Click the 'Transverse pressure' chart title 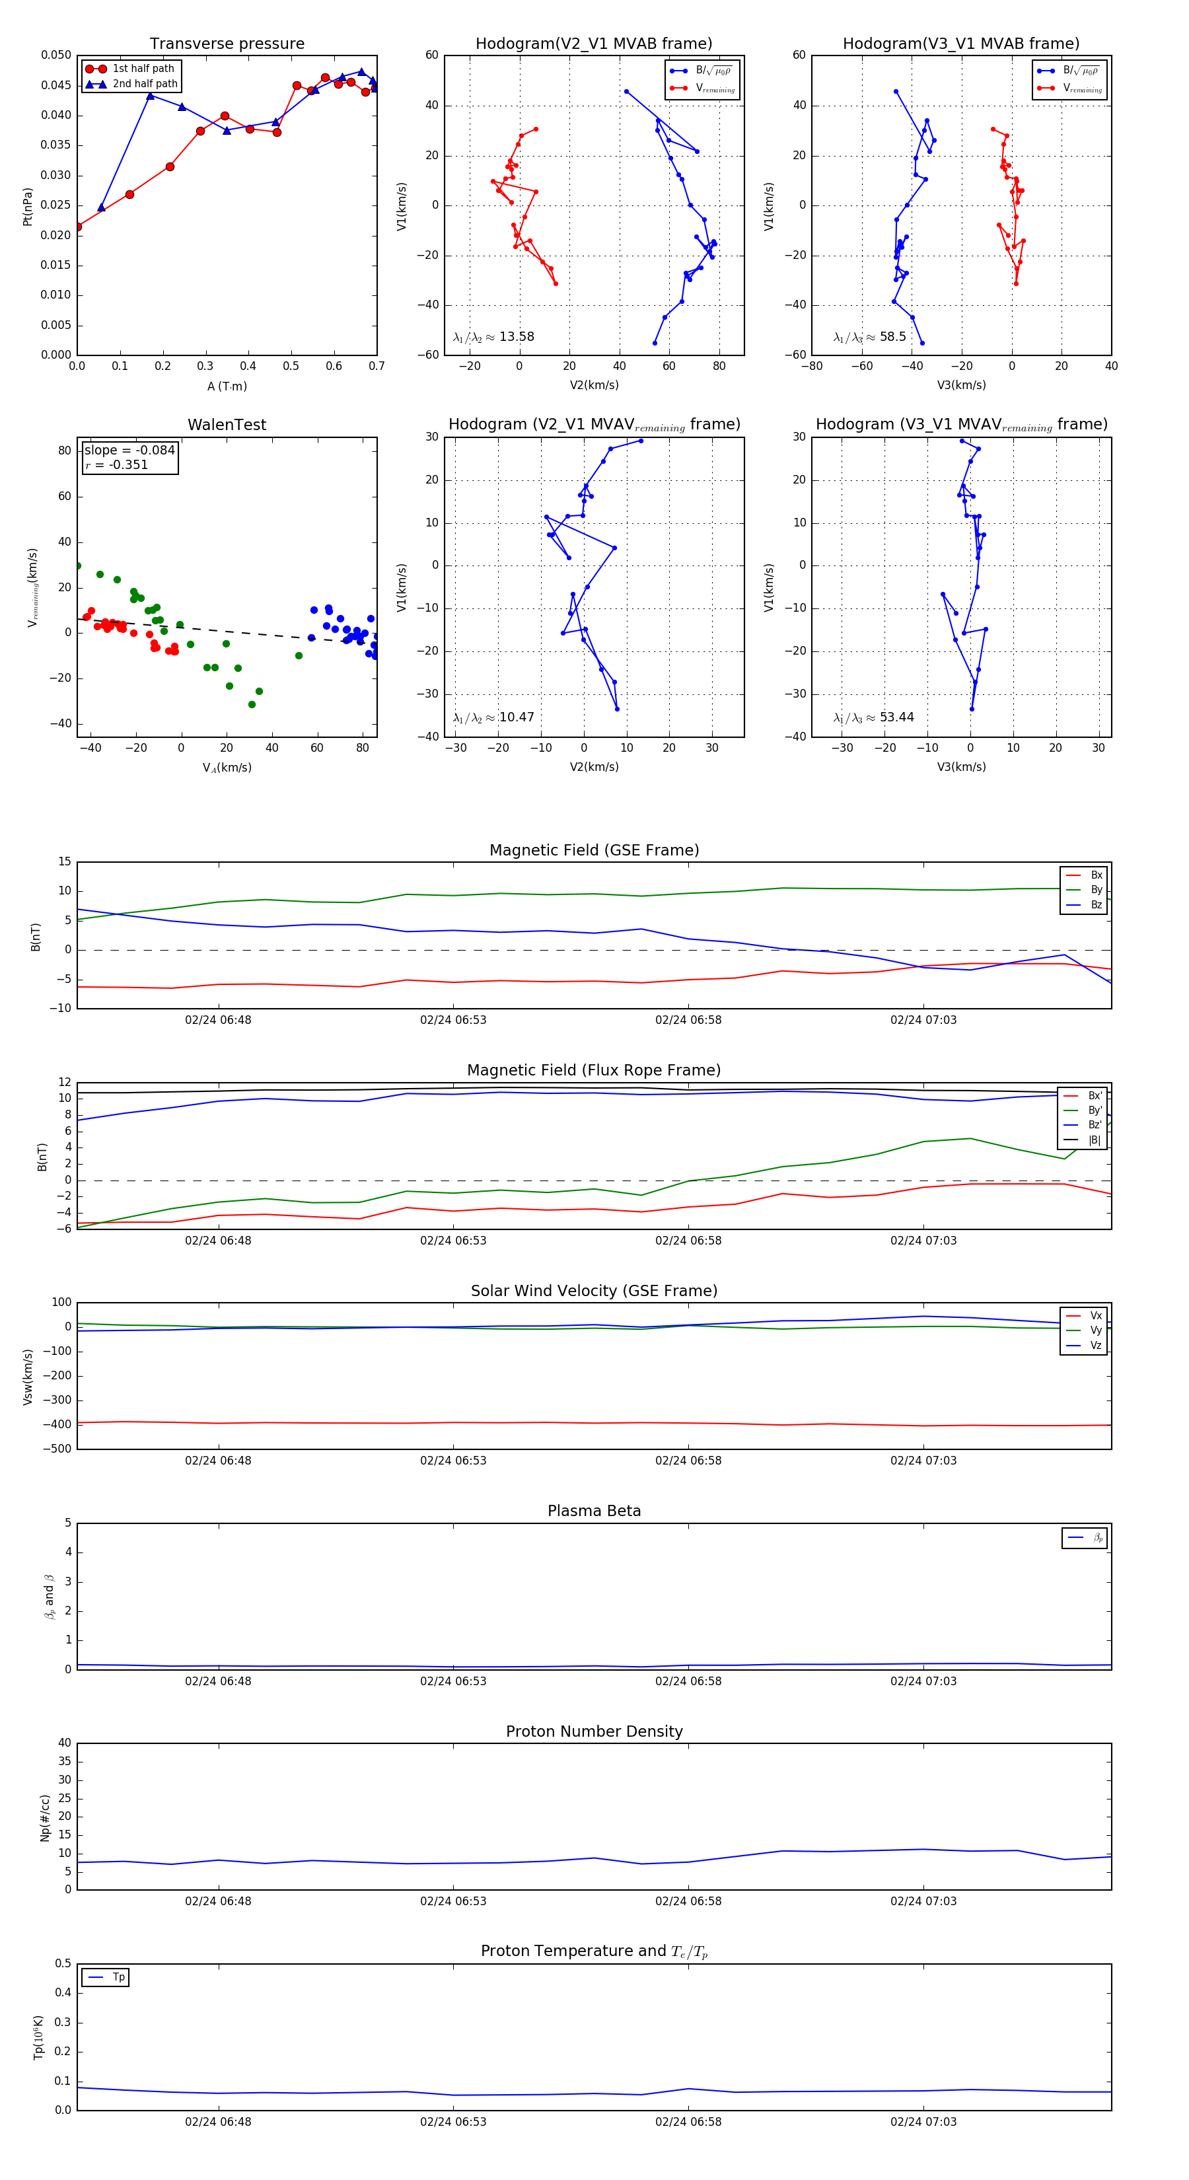(x=227, y=44)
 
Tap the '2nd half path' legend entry (x=145, y=84)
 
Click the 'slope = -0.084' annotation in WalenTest (x=129, y=451)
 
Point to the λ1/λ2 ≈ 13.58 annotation (x=493, y=337)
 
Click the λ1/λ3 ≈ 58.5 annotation (x=869, y=337)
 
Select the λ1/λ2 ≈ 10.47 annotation (x=493, y=717)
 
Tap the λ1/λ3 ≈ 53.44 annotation (x=873, y=717)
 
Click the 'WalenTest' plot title (x=227, y=425)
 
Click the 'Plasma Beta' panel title (x=594, y=1511)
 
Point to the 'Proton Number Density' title (x=594, y=1731)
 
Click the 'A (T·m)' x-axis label (x=227, y=386)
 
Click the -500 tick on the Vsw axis (x=57, y=1448)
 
